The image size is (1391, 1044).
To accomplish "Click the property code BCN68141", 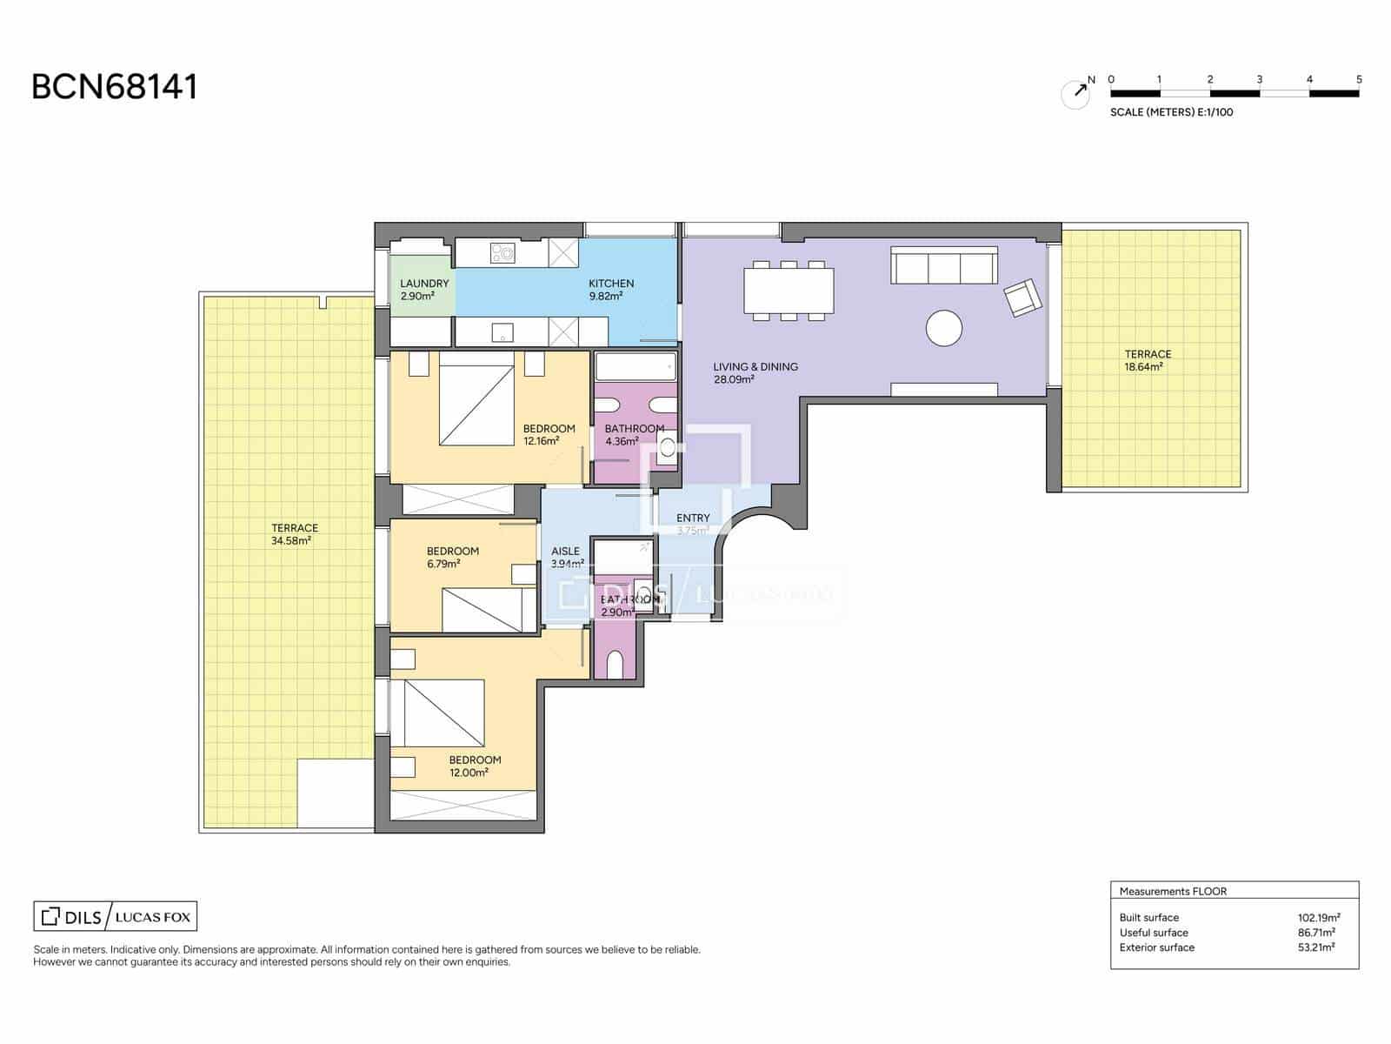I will (115, 87).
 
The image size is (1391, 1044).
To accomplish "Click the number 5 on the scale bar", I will (1359, 79).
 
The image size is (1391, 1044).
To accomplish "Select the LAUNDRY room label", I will (424, 290).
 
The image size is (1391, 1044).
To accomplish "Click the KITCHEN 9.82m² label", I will (610, 290).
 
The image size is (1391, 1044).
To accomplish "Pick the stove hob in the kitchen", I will (502, 253).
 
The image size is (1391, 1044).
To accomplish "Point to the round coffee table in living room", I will (943, 329).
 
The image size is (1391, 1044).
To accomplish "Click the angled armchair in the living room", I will (1023, 298).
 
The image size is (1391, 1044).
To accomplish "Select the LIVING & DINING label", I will (755, 372).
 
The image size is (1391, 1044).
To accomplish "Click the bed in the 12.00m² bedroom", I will (443, 713).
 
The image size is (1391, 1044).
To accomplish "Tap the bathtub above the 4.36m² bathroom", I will (636, 366).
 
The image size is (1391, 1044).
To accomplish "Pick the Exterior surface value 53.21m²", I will (1315, 947).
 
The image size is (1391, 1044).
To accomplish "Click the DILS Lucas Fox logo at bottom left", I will (116, 916).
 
